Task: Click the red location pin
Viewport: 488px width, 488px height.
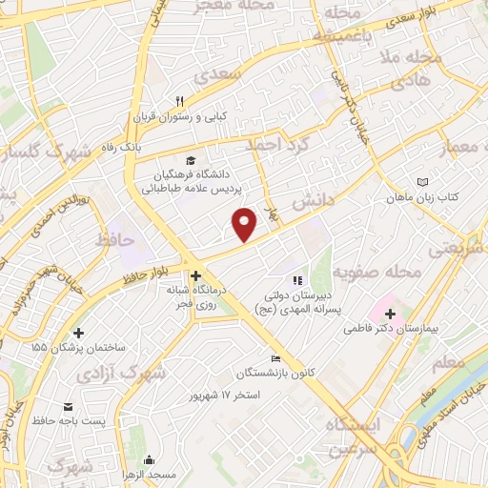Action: [246, 225]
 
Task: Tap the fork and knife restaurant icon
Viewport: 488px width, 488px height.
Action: [178, 101]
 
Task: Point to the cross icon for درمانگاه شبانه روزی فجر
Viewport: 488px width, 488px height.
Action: [195, 274]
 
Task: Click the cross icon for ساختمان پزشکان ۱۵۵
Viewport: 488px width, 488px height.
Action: [78, 333]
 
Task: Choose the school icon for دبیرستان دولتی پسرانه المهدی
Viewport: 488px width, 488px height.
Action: [296, 280]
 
